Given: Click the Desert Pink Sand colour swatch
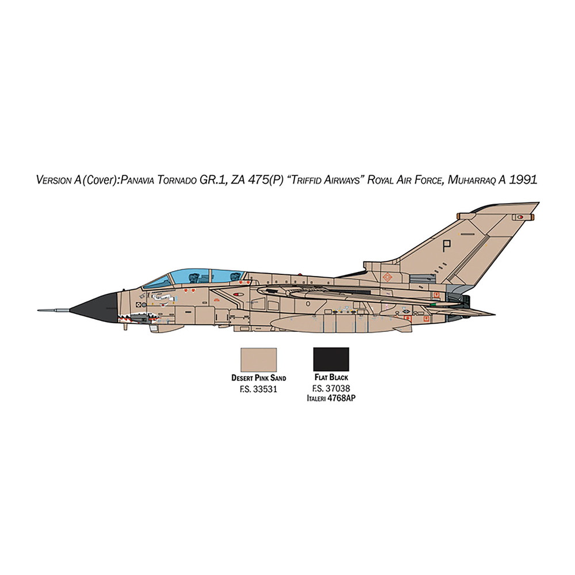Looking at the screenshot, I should coord(259,359).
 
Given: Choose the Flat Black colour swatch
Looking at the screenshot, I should coord(331,359).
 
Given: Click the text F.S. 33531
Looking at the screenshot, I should coord(258,389).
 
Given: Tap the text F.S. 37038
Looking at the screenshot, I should coord(331,389).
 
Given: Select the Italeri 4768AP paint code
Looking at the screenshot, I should coord(331,397).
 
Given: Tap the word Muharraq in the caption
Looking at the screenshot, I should coord(466,180).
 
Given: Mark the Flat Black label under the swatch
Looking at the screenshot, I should coord(331,378).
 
